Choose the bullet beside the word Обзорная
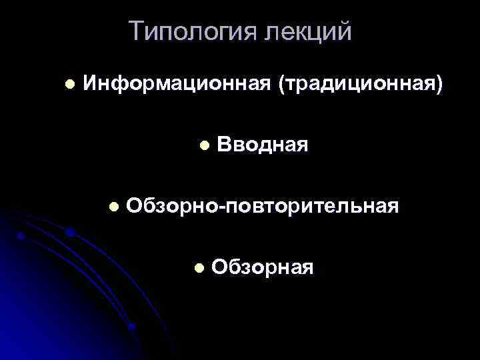(198, 268)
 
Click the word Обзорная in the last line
(262, 268)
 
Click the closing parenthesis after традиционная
(438, 85)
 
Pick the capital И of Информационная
(90, 85)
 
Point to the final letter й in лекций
(344, 31)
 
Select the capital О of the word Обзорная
(220, 268)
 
